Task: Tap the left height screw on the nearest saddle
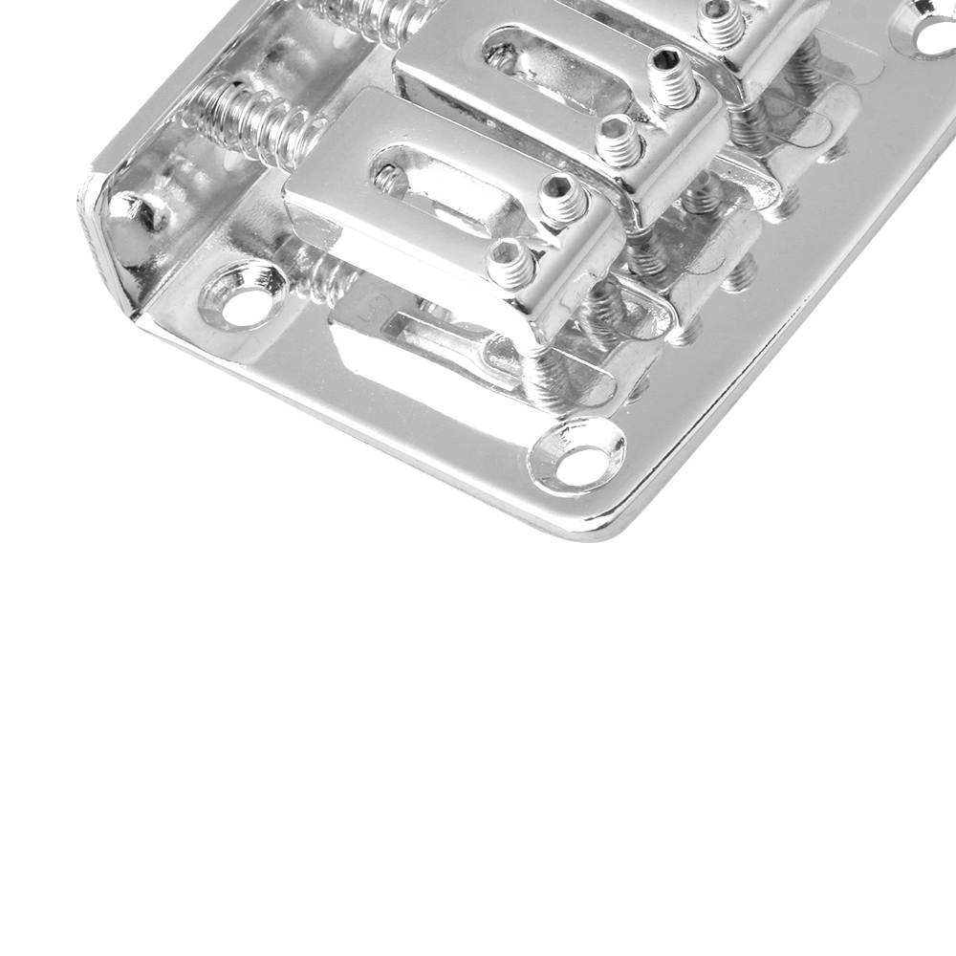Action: pos(511,263)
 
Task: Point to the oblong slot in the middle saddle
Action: pos(545,67)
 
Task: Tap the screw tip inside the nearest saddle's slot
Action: pos(389,176)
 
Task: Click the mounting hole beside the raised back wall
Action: pos(245,305)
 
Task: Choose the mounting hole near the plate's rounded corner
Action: pos(579,460)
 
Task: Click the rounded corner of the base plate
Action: pos(612,521)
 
